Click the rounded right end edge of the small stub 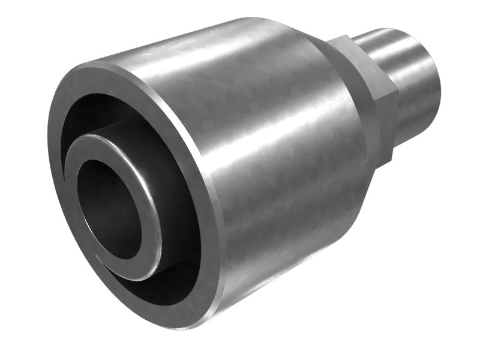(x=437, y=84)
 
